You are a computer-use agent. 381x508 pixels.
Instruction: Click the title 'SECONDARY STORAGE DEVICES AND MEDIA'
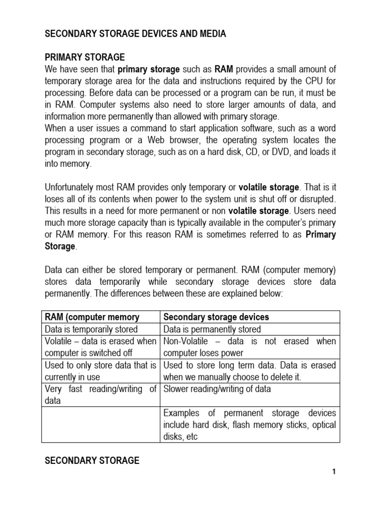[x=135, y=34]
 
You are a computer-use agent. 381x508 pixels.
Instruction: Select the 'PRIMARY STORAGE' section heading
[x=85, y=57]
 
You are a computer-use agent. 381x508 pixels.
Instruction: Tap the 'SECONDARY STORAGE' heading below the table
[x=92, y=460]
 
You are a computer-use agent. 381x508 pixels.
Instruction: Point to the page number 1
[x=334, y=472]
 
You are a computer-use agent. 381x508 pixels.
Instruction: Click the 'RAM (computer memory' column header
[x=92, y=317]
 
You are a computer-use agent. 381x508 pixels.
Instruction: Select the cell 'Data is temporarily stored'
[x=91, y=329]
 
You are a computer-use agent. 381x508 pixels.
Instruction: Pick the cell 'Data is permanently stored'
[x=212, y=329]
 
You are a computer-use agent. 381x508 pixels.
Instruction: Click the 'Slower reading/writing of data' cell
[x=217, y=389]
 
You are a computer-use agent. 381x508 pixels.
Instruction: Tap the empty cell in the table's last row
[x=101, y=424]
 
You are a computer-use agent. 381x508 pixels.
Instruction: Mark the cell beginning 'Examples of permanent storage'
[x=250, y=424]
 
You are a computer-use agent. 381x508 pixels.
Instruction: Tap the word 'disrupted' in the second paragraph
[x=318, y=199]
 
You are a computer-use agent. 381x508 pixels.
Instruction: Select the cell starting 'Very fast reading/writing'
[x=101, y=394]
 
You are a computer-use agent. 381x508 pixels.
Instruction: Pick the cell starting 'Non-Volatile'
[x=250, y=347]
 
